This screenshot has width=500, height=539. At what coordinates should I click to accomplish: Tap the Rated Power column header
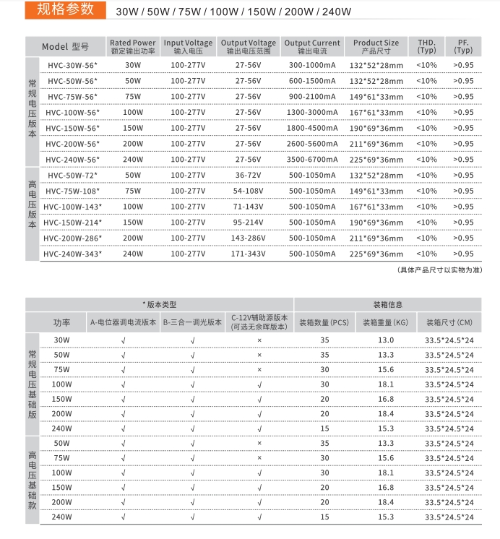click(133, 47)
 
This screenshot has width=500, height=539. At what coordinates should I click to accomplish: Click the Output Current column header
click(312, 47)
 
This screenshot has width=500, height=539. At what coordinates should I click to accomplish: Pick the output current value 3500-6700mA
click(312, 160)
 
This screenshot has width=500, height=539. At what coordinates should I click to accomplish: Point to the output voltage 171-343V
click(248, 254)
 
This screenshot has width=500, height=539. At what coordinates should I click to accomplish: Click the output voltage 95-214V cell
click(248, 223)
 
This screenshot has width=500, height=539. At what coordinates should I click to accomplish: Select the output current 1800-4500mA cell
click(312, 128)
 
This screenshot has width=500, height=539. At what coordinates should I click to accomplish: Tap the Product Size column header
click(376, 47)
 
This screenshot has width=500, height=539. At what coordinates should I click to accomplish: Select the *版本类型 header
click(159, 304)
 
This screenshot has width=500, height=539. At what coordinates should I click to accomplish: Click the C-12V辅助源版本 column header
click(259, 322)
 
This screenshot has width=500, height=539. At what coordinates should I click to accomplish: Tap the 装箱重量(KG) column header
click(385, 323)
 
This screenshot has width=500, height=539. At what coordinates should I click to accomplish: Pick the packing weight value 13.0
click(386, 340)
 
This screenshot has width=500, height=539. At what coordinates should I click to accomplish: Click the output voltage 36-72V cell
click(248, 176)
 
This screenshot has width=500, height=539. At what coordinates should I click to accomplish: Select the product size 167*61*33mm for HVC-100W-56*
click(376, 113)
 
